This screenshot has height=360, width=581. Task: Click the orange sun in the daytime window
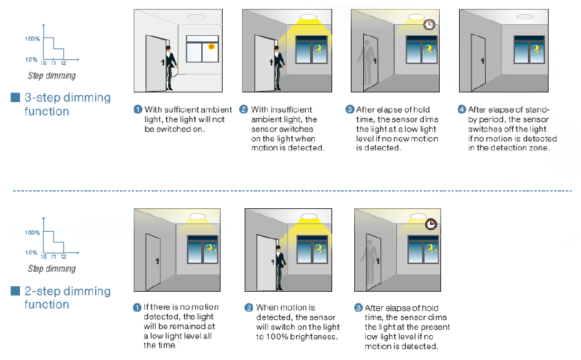[x=211, y=47]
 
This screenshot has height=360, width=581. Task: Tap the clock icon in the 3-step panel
[x=429, y=24]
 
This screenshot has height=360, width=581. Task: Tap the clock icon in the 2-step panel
[x=431, y=224]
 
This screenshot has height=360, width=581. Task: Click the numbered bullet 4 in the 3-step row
[x=462, y=110]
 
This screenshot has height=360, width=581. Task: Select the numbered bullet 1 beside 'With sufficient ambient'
[x=138, y=110]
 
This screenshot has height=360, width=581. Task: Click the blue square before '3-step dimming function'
[x=15, y=97]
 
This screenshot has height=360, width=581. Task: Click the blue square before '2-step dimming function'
[x=15, y=291]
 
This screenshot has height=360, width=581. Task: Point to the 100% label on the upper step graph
[x=32, y=39]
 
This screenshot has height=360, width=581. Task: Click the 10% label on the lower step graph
[x=31, y=253]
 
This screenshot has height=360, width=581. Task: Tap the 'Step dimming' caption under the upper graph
[x=52, y=76]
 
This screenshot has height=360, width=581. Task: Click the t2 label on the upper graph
[x=63, y=63]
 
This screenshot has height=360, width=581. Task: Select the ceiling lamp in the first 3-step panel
[x=196, y=17]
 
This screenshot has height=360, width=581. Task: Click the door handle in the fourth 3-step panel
[x=482, y=61]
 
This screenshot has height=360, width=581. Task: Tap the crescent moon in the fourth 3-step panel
[x=536, y=48]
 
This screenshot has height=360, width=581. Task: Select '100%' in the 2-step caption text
[x=277, y=337]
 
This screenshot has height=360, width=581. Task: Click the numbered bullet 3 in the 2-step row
[x=358, y=308]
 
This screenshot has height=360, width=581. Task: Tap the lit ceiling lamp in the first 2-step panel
[x=198, y=217]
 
